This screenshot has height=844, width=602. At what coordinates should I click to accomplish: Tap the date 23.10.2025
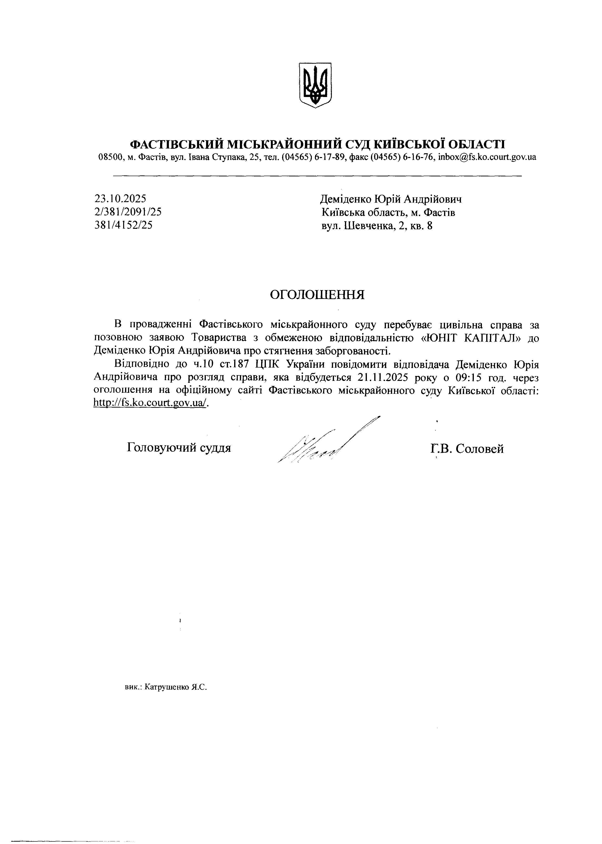[x=121, y=199]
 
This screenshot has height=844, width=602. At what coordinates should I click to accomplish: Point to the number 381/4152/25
[x=123, y=225]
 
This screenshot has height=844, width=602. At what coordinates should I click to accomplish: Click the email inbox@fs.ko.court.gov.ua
[x=487, y=157]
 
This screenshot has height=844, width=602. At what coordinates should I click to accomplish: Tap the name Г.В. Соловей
[x=467, y=449]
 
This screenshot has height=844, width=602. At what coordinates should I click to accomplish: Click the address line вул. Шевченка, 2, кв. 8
[x=377, y=226]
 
